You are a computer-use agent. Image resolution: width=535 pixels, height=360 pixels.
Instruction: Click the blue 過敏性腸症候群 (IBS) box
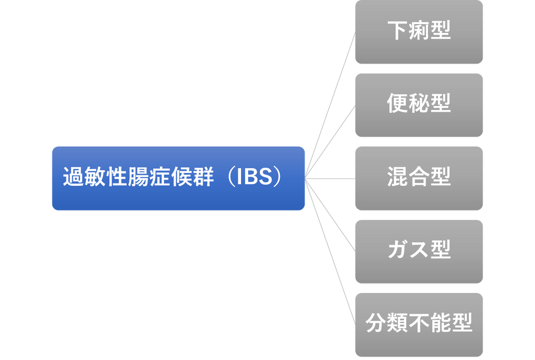click(x=178, y=178)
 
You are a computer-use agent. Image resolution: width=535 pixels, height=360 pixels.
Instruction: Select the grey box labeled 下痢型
click(x=419, y=32)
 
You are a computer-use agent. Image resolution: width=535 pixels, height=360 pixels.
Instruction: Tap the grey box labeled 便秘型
click(x=419, y=105)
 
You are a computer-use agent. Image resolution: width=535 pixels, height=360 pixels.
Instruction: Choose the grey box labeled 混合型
click(x=419, y=178)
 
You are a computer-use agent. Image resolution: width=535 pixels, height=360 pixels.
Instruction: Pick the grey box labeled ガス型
click(x=419, y=251)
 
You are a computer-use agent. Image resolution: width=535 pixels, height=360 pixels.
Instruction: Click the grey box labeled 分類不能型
click(x=419, y=324)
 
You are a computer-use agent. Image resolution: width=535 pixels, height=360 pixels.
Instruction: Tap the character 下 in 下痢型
click(x=397, y=31)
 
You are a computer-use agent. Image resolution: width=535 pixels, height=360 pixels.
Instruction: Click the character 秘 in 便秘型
click(x=419, y=104)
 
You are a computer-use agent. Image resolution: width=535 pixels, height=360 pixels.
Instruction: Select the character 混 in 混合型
click(x=397, y=178)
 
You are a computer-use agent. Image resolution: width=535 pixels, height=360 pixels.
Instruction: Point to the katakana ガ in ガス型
click(x=397, y=251)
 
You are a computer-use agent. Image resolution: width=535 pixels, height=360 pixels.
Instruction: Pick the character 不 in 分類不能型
click(x=419, y=324)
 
